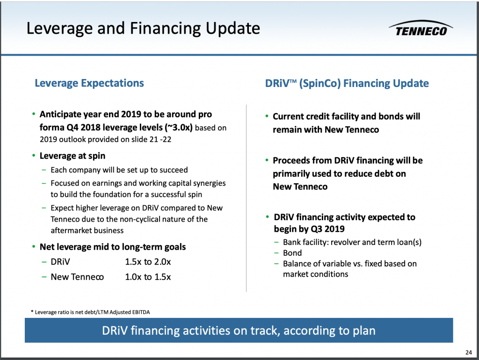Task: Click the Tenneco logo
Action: tap(421, 29)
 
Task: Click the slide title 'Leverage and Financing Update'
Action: tap(143, 29)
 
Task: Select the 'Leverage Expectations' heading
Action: tap(89, 83)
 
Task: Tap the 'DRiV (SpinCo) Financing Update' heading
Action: tap(347, 83)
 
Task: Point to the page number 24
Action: tap(469, 353)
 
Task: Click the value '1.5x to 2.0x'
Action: tap(148, 262)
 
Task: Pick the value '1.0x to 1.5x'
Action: tap(148, 277)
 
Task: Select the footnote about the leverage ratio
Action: tap(90, 312)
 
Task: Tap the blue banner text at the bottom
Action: tap(239, 331)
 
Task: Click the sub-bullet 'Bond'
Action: tap(292, 253)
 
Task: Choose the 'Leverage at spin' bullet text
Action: tap(73, 156)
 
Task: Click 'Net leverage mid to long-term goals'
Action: tap(113, 247)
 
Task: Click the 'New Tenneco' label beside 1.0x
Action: tap(77, 277)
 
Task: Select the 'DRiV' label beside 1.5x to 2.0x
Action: tap(60, 262)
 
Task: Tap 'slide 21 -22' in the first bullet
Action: tap(152, 139)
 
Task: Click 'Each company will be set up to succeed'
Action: tap(119, 170)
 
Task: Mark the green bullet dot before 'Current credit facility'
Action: tap(267, 116)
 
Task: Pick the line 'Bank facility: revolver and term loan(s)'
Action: tap(352, 242)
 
